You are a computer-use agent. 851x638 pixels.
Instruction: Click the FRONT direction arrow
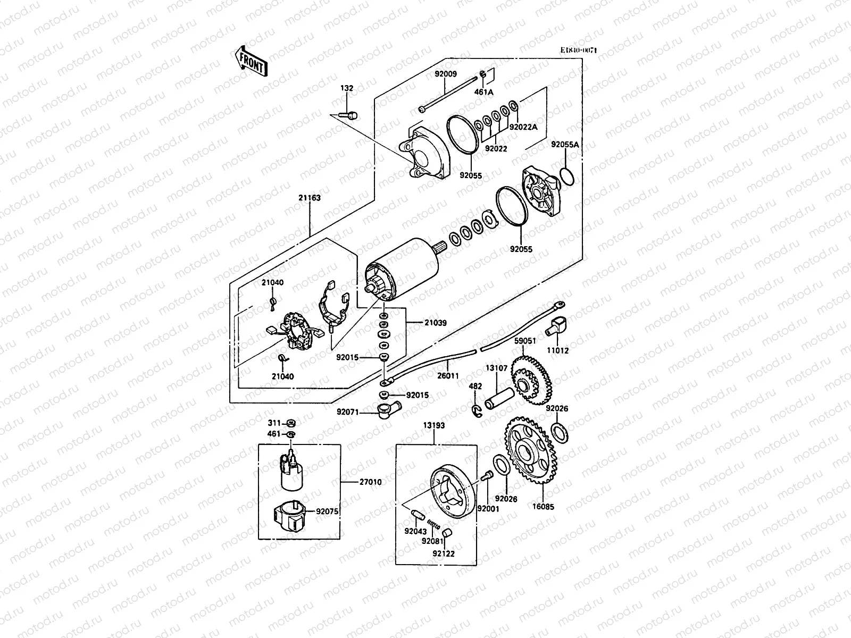tap(250, 60)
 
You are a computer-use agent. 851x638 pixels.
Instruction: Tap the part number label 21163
tap(309, 198)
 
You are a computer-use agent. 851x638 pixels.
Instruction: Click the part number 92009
tap(445, 74)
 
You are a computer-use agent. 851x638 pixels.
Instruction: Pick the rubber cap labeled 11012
tap(558, 325)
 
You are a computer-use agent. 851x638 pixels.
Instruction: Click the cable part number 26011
tap(448, 376)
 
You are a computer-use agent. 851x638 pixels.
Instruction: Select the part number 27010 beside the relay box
tap(370, 482)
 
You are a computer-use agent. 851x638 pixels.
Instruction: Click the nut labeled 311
tap(291, 424)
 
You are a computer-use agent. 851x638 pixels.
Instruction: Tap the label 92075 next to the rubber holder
tap(327, 511)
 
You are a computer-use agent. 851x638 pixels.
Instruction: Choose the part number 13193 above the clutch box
tap(434, 425)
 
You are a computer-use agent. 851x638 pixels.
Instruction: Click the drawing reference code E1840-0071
tap(579, 50)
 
